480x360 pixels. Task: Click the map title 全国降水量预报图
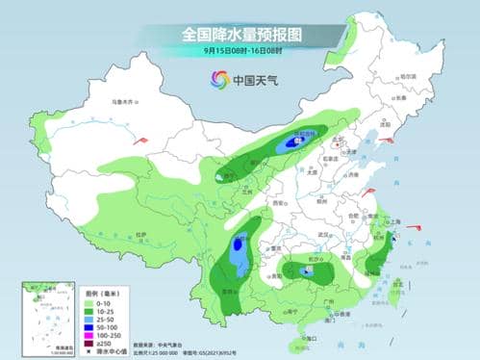point(240,34)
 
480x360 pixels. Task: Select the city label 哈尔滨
point(408,76)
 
